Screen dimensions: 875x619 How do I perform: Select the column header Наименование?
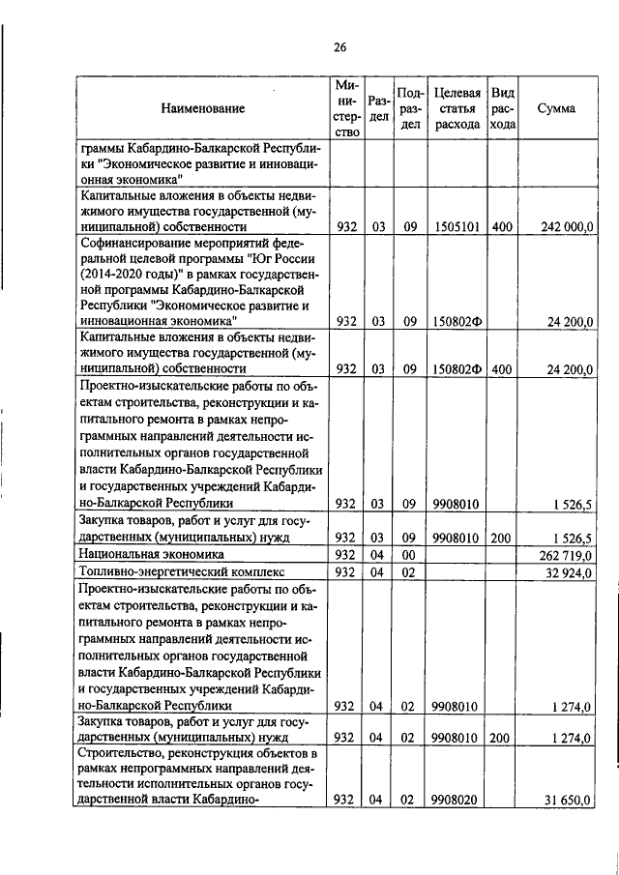(203, 108)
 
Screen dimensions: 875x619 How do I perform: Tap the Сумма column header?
(556, 108)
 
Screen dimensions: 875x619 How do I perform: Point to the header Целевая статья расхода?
(457, 108)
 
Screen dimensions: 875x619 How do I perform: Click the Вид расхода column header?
(503, 108)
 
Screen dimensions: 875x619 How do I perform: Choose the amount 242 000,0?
(562, 226)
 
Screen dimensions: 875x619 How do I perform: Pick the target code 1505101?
(455, 226)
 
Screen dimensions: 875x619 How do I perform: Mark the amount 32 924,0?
(565, 572)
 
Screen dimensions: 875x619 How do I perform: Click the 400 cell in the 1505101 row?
(502, 226)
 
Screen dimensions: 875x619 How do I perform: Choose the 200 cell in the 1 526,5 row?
(502, 537)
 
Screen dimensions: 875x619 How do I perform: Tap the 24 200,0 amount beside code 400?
(565, 368)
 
